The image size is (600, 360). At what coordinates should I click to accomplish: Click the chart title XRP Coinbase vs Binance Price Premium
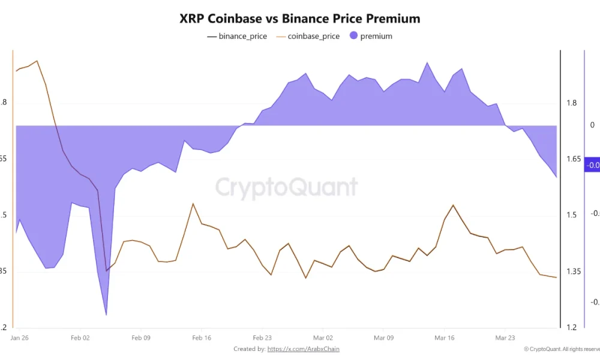click(300, 19)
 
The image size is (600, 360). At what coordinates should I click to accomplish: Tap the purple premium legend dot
click(353, 36)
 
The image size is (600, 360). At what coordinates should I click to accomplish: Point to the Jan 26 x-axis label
click(19, 338)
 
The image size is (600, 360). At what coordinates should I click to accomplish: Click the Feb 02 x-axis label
click(80, 338)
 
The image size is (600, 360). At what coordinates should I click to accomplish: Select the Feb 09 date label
click(141, 338)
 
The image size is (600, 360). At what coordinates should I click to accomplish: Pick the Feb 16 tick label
click(202, 338)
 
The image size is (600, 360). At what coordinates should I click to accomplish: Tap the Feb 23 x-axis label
click(262, 338)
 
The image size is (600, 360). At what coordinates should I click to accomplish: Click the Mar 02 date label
click(323, 338)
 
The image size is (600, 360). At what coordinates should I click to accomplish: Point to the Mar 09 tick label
click(383, 338)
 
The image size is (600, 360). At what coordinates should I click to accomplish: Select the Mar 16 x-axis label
click(444, 338)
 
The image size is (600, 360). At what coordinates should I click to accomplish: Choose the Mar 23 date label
click(505, 338)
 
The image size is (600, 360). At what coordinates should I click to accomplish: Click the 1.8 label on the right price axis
click(571, 103)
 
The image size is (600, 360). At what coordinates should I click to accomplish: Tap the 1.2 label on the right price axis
click(571, 328)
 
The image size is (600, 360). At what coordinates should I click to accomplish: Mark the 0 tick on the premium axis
click(592, 125)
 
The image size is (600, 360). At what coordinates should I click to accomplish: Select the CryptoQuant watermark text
click(286, 187)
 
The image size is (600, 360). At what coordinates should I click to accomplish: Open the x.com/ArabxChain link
click(307, 349)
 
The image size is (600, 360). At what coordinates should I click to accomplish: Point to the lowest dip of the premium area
click(106, 314)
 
